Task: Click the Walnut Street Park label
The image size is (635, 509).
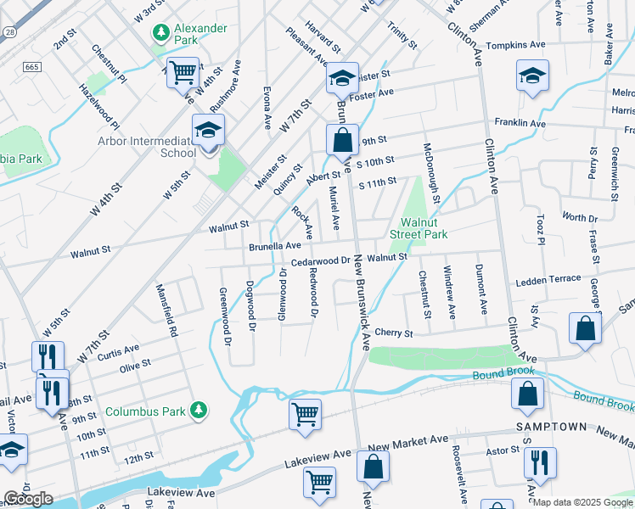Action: pyautogui.click(x=418, y=227)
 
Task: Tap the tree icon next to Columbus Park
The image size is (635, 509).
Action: pyautogui.click(x=198, y=411)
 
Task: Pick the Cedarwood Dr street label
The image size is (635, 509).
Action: pyautogui.click(x=321, y=261)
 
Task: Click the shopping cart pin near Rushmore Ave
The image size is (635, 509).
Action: pyautogui.click(x=183, y=72)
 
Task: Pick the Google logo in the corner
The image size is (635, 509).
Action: pyautogui.click(x=28, y=499)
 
